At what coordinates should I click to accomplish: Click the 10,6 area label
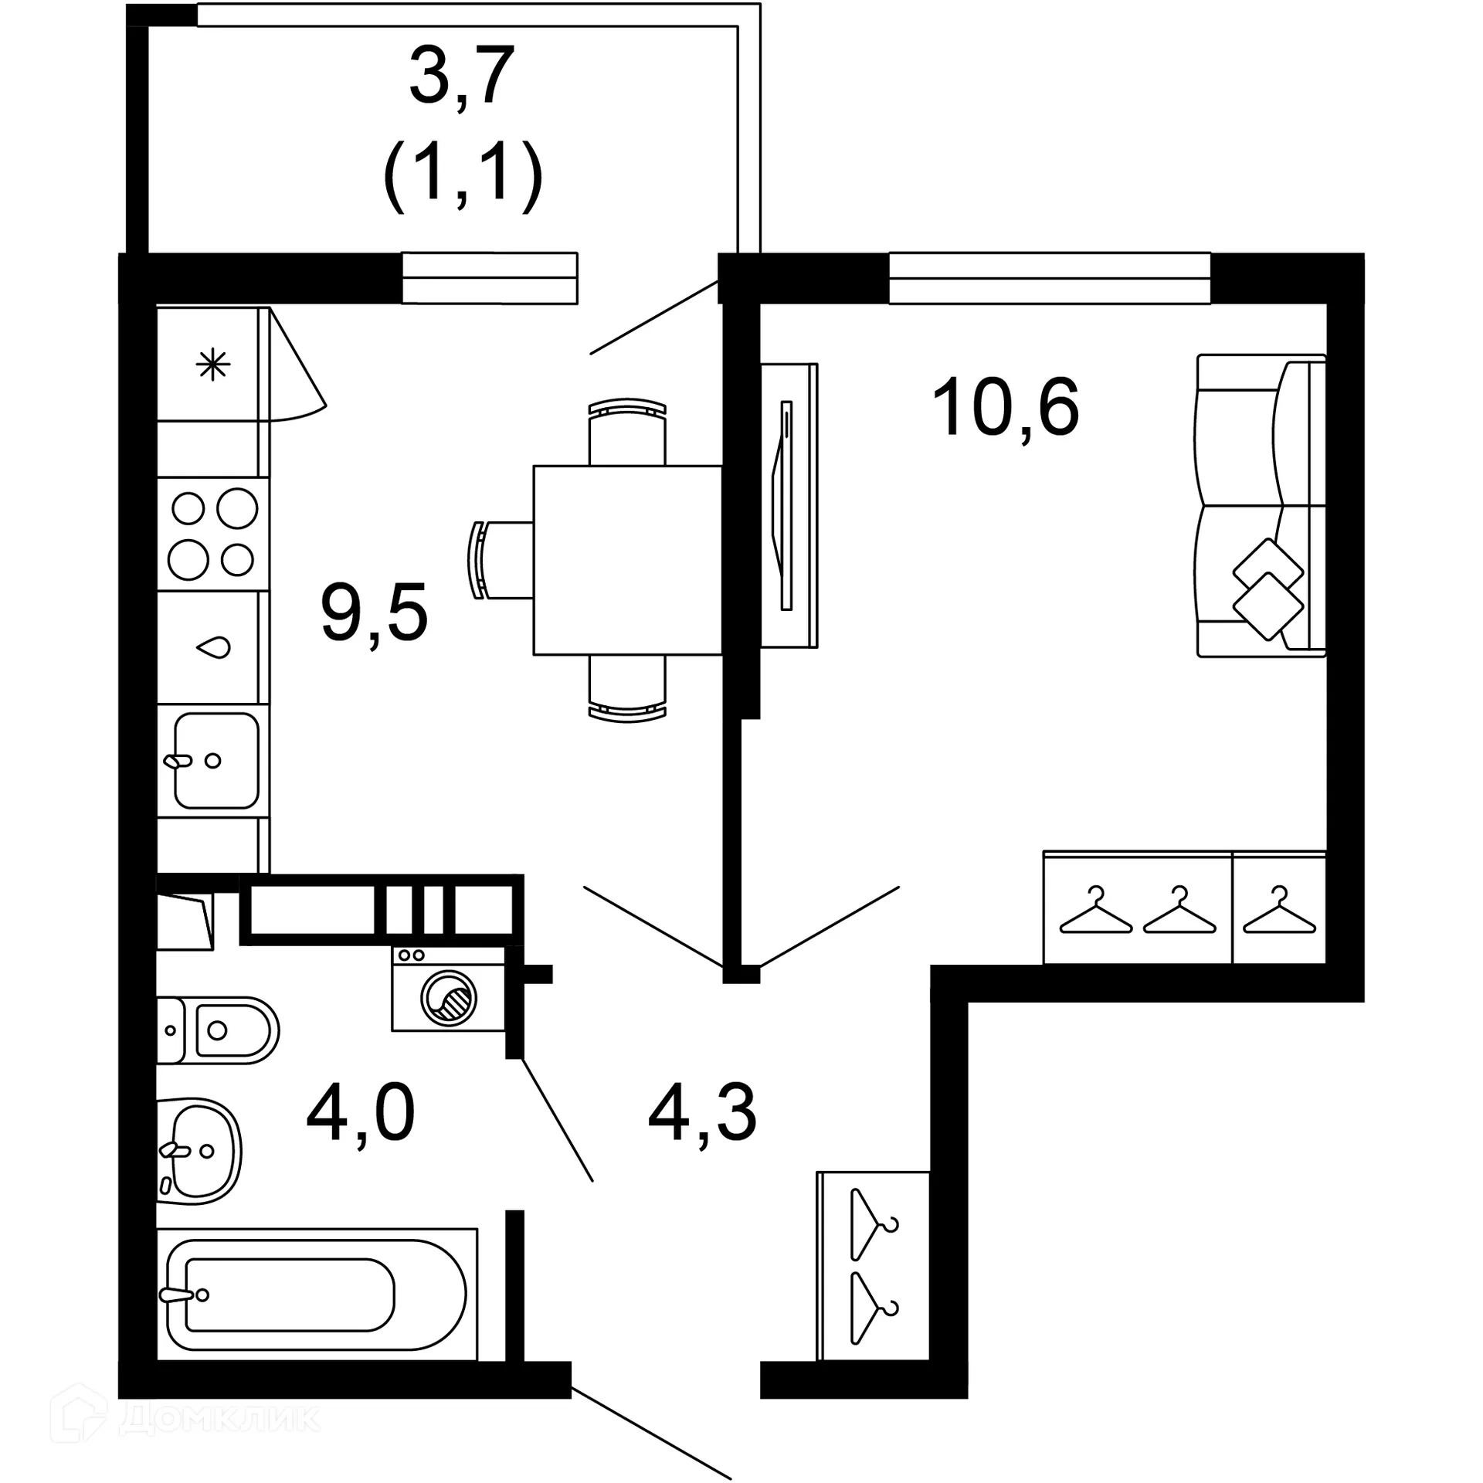pyautogui.click(x=1005, y=409)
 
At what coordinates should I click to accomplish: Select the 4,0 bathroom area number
pyautogui.click(x=360, y=1113)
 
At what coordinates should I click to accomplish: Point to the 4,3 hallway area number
pyautogui.click(x=702, y=1113)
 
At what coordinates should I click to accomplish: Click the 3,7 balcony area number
pyautogui.click(x=461, y=76)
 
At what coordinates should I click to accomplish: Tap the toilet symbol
pyautogui.click(x=218, y=1030)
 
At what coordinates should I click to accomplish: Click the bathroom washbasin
pyautogui.click(x=199, y=1151)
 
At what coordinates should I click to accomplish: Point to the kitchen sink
pyautogui.click(x=215, y=760)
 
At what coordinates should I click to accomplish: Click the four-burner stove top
pyautogui.click(x=213, y=534)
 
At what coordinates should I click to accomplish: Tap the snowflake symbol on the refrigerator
pyautogui.click(x=212, y=365)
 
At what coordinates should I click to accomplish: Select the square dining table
pyautogui.click(x=627, y=560)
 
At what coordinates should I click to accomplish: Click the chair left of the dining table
pyautogui.click(x=500, y=560)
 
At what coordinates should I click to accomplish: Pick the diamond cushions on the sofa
pyautogui.click(x=1267, y=589)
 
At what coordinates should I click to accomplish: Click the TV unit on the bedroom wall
pyautogui.click(x=789, y=505)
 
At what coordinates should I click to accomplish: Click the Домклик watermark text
pyautogui.click(x=220, y=1419)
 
